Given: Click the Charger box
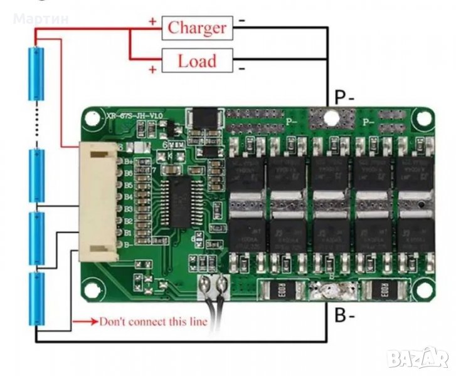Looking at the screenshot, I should [x=197, y=28].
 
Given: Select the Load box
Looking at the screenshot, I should [x=197, y=61].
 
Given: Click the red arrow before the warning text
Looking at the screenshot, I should [x=84, y=322].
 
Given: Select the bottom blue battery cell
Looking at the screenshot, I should [x=36, y=297].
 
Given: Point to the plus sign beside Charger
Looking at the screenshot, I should [x=152, y=21].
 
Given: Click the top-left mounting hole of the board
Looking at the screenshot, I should [x=93, y=117].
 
